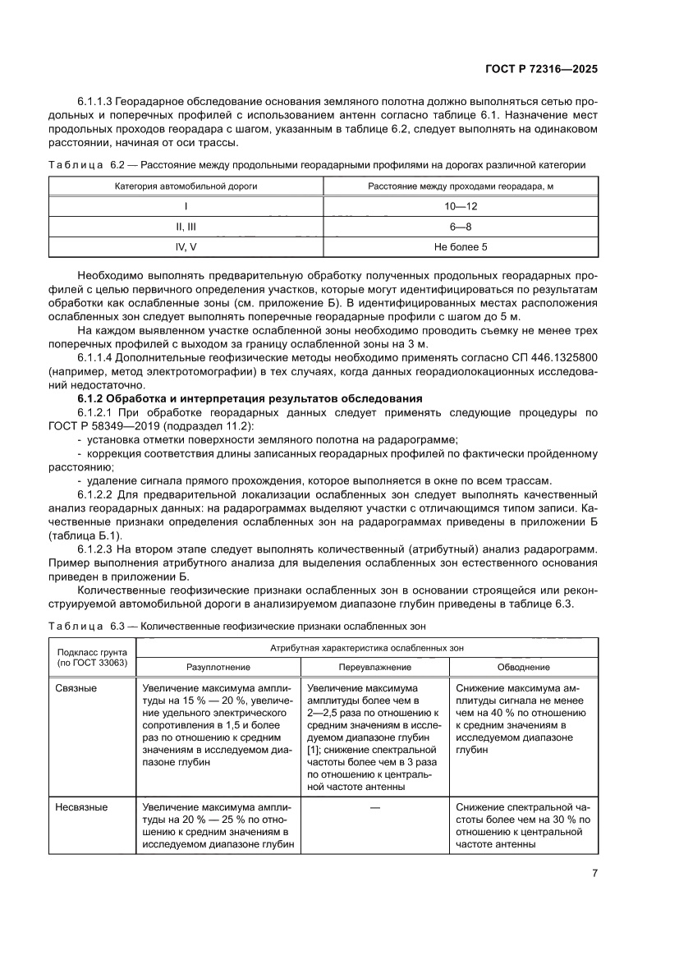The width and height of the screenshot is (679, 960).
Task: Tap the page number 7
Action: point(594,874)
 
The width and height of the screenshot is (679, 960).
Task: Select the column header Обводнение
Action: point(524,668)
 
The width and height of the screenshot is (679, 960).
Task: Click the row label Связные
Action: point(76,688)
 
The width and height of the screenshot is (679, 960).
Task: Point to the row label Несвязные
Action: point(81,807)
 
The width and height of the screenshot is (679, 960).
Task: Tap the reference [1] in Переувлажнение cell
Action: point(313,751)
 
